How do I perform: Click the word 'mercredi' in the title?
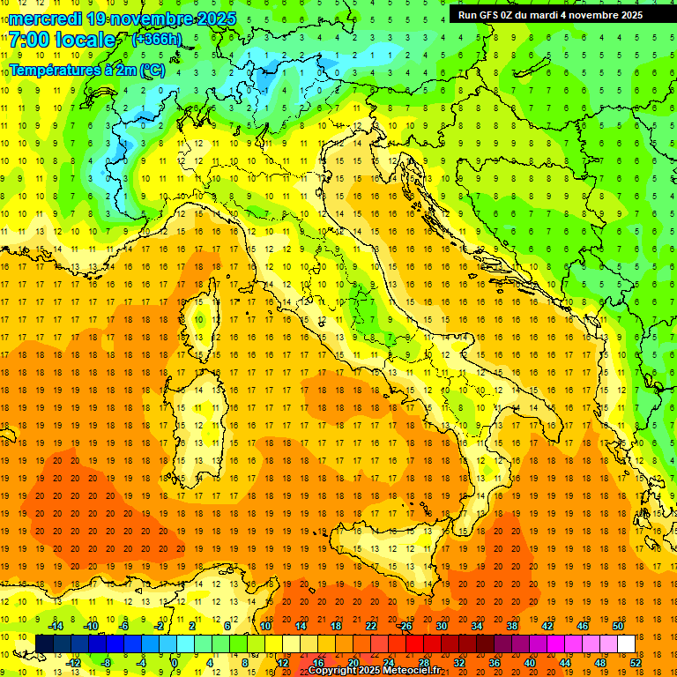43,19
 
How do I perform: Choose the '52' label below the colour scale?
636,663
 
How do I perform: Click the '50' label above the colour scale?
617,626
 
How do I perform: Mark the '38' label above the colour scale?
512,626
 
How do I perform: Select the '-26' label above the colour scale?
405,626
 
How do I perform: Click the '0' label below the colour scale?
175,663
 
